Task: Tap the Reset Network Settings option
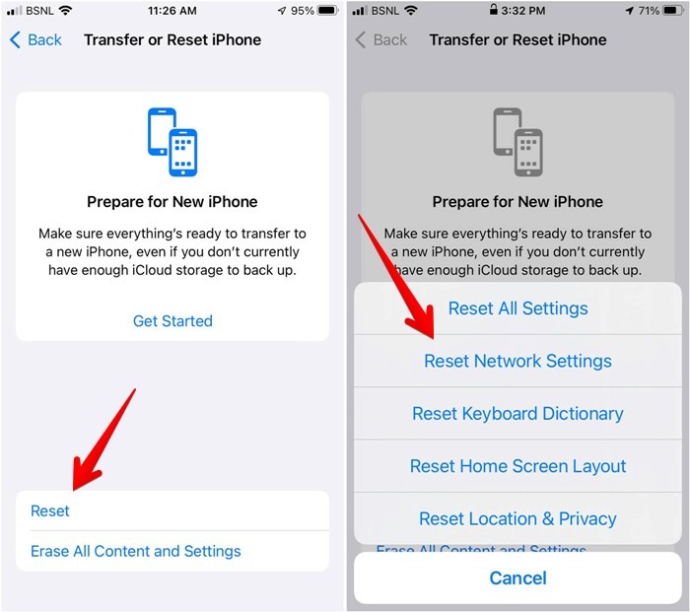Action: [517, 361]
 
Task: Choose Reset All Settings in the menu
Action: [517, 308]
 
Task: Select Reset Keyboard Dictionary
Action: [517, 414]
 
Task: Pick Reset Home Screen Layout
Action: [517, 466]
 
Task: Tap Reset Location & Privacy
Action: [517, 518]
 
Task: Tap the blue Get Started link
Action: [172, 320]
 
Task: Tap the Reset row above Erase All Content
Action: [50, 510]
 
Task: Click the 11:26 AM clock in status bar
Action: [172, 11]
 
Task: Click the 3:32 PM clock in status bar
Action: [522, 11]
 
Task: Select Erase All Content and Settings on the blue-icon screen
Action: [135, 551]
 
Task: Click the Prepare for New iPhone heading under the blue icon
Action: [172, 202]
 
